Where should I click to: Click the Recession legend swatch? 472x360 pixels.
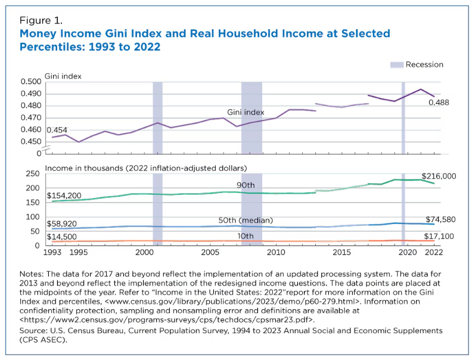pyautogui.click(x=396, y=64)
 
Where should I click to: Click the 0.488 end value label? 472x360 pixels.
pyautogui.click(x=438, y=103)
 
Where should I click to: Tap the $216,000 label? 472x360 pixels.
pyautogui.click(x=438, y=176)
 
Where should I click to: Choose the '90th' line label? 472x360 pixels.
pyautogui.click(x=246, y=186)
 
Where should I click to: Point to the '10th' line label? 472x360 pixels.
pyautogui.click(x=246, y=237)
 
